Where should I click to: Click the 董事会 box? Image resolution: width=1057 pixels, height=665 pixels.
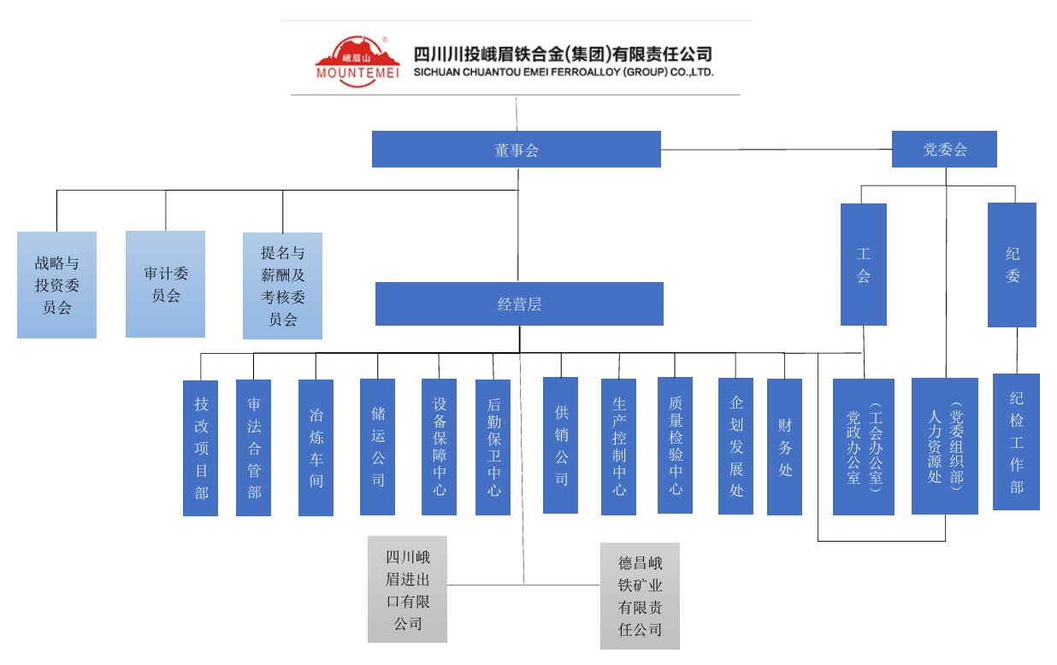point(516,150)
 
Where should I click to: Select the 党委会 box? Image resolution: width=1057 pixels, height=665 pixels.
point(944,150)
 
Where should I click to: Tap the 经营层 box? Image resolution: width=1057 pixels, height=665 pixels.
point(519,304)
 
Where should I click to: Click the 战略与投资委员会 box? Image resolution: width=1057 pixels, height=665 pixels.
point(56,285)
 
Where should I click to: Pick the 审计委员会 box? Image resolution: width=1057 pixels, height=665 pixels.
point(165,284)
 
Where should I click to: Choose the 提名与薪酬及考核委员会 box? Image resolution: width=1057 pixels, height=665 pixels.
point(282,285)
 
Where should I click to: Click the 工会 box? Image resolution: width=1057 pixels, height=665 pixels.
point(863,264)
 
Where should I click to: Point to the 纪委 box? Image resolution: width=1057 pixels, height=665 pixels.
point(1012,265)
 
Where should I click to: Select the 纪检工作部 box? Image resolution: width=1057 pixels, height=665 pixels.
point(1016,442)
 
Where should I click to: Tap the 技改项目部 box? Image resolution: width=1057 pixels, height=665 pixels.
point(201,448)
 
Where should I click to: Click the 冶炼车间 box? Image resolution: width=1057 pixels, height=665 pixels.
point(316,448)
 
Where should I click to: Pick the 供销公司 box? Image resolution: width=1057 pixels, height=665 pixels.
point(561,445)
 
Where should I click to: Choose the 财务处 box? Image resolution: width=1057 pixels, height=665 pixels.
point(784,447)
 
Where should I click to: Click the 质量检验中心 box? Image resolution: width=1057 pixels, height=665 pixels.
point(675,445)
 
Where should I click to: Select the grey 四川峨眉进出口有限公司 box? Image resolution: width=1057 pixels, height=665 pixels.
point(407,590)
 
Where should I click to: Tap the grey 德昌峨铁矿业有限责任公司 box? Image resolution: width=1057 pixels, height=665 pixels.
point(640,596)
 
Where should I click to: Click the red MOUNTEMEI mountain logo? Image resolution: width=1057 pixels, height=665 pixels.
point(357,61)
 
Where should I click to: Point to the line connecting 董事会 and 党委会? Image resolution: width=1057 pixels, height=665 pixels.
point(776,150)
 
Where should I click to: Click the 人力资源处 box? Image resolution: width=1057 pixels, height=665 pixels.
point(944,446)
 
